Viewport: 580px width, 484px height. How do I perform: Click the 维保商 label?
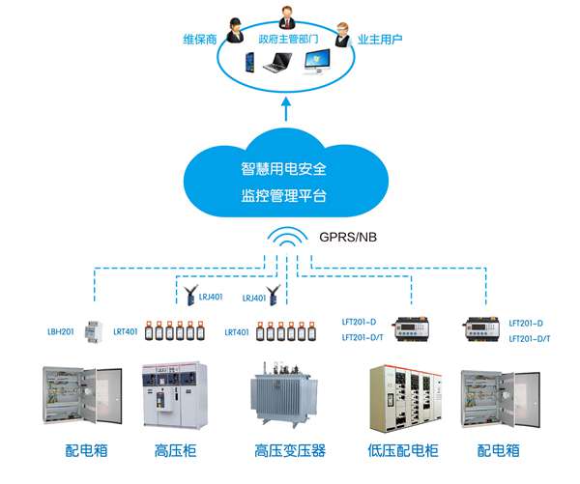coord(199,40)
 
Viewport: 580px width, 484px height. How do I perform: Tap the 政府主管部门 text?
coord(289,41)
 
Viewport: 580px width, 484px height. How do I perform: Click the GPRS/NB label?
coord(346,235)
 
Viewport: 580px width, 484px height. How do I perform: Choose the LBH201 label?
coord(62,331)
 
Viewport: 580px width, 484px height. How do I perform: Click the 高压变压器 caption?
coord(289,450)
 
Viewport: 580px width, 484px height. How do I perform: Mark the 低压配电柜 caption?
coord(404,450)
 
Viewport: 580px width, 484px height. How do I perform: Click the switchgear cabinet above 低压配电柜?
coord(404,397)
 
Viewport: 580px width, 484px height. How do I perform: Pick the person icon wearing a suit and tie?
coord(287,18)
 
